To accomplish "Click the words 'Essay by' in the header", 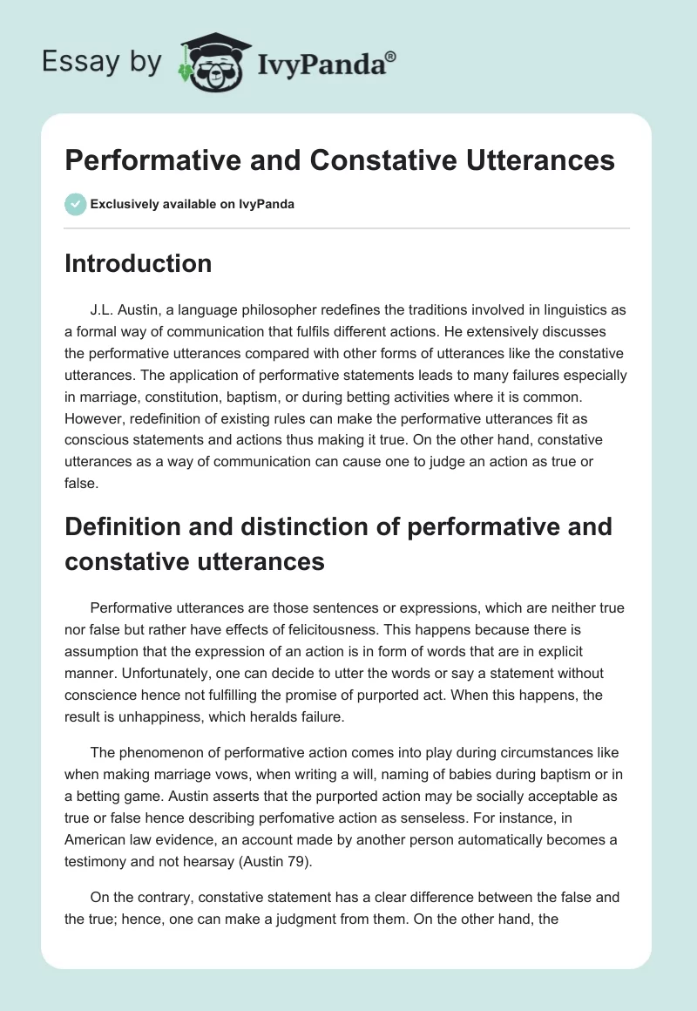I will (x=102, y=62).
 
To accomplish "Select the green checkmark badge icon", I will (x=75, y=204).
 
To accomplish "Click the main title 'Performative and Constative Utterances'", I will (x=340, y=161).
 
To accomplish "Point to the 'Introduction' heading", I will (x=138, y=263).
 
